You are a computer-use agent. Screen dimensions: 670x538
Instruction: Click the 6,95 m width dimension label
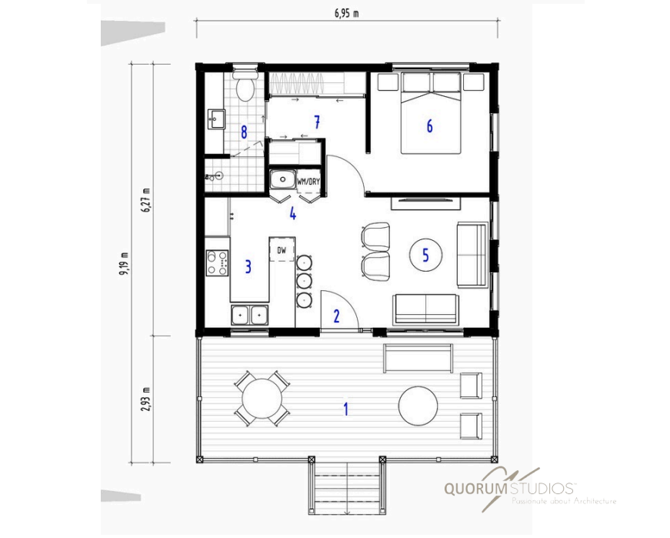pyautogui.click(x=346, y=14)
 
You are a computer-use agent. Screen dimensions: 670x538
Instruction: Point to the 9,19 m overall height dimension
pyautogui.click(x=125, y=264)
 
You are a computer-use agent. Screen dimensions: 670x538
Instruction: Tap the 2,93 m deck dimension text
pyautogui.click(x=147, y=399)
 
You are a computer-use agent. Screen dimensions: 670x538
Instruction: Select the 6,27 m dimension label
pyautogui.click(x=147, y=200)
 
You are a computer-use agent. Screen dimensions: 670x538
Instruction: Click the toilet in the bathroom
pyautogui.click(x=245, y=85)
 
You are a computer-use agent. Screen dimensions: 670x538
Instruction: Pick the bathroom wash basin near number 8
pyautogui.click(x=216, y=119)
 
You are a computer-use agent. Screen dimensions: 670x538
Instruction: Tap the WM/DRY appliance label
pyautogui.click(x=308, y=182)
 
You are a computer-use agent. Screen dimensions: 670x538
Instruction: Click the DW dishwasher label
pyautogui.click(x=282, y=251)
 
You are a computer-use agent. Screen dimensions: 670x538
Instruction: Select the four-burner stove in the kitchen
pyautogui.click(x=217, y=262)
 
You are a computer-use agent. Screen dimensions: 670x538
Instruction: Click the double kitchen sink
pyautogui.click(x=249, y=316)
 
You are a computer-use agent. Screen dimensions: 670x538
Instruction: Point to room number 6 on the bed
pyautogui.click(x=430, y=125)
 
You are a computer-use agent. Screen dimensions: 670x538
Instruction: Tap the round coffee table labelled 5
pyautogui.click(x=425, y=256)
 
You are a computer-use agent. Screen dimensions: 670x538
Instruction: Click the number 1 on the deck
pyautogui.click(x=346, y=409)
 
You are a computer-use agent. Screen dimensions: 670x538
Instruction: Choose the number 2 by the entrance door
pyautogui.click(x=337, y=316)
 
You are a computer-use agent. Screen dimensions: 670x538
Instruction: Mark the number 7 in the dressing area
pyautogui.click(x=317, y=122)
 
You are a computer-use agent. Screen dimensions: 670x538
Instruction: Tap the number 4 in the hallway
pyautogui.click(x=293, y=213)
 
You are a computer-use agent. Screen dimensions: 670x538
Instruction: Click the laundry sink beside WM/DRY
pyautogui.click(x=283, y=179)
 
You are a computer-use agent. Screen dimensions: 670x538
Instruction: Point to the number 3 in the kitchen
pyautogui.click(x=248, y=266)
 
